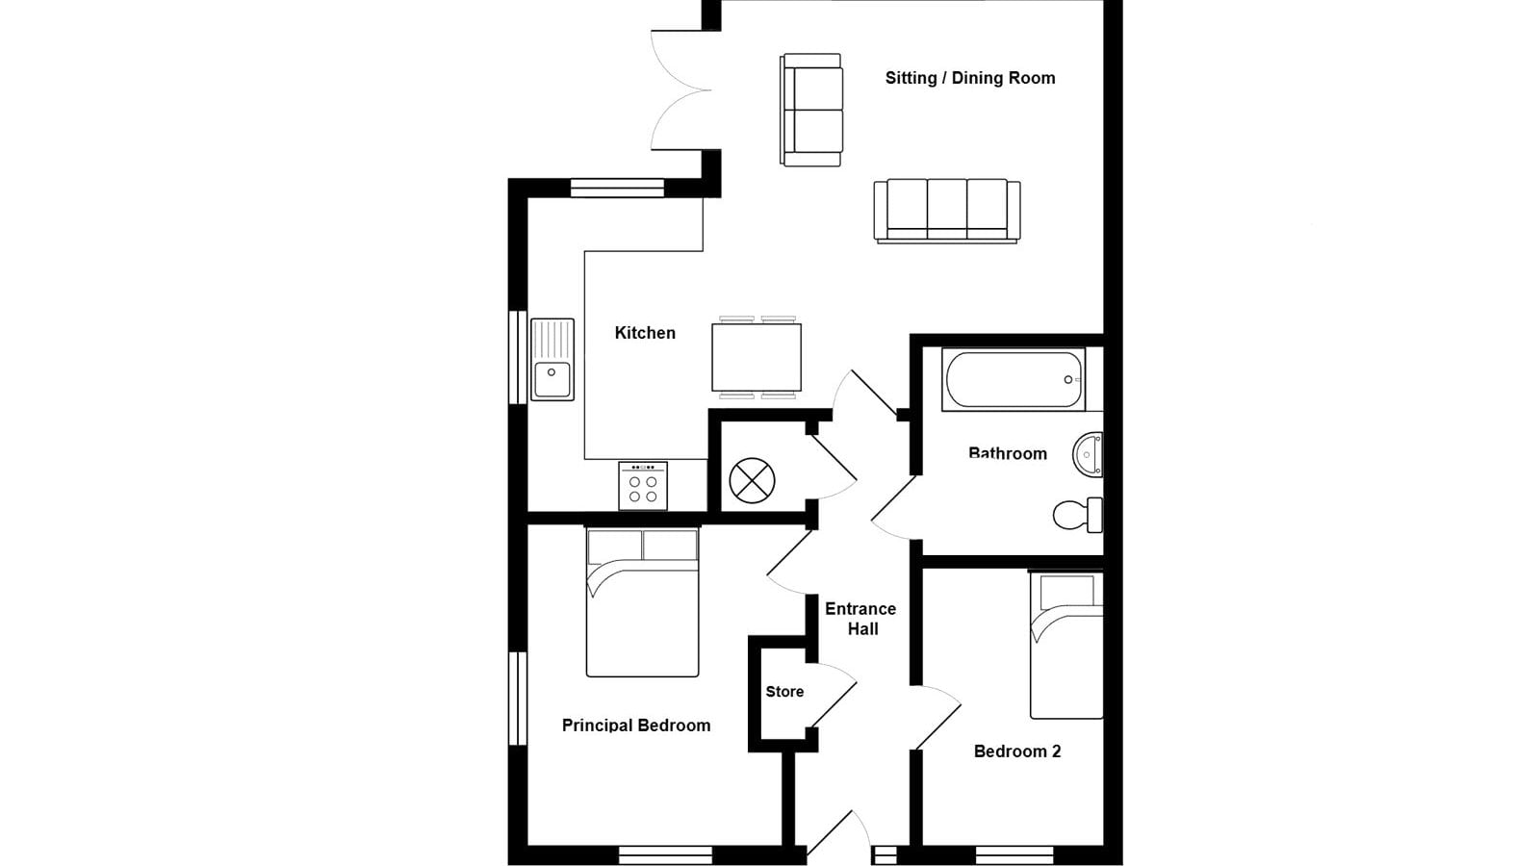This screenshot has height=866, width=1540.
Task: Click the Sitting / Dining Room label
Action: pyautogui.click(x=970, y=78)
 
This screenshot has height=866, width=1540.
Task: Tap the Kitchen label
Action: pyautogui.click(x=645, y=333)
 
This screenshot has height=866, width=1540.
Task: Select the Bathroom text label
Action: pyautogui.click(x=1007, y=453)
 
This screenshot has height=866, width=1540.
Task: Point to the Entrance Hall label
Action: pyautogui.click(x=860, y=619)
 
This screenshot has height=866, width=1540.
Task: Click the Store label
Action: pyautogui.click(x=784, y=692)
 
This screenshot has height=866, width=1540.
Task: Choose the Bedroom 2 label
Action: pyautogui.click(x=1017, y=751)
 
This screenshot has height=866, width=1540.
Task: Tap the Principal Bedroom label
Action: pyautogui.click(x=636, y=726)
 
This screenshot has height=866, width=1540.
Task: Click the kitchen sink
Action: pyautogui.click(x=552, y=360)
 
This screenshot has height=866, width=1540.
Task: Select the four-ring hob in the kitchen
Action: pyautogui.click(x=643, y=486)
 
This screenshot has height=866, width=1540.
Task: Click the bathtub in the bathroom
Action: pyautogui.click(x=1014, y=379)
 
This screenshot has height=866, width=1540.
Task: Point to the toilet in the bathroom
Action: pyautogui.click(x=1077, y=515)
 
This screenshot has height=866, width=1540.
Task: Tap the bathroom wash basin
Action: pyautogui.click(x=1088, y=454)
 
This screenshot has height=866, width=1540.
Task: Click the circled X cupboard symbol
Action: pyautogui.click(x=752, y=480)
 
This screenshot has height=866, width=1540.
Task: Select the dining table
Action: pyautogui.click(x=757, y=357)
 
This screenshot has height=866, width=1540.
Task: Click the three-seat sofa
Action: pyautogui.click(x=947, y=211)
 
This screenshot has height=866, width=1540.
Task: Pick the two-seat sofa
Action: pyautogui.click(x=811, y=110)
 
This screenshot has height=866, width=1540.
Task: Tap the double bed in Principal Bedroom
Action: pyautogui.click(x=642, y=602)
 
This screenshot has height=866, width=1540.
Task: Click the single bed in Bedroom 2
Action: pyautogui.click(x=1066, y=646)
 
